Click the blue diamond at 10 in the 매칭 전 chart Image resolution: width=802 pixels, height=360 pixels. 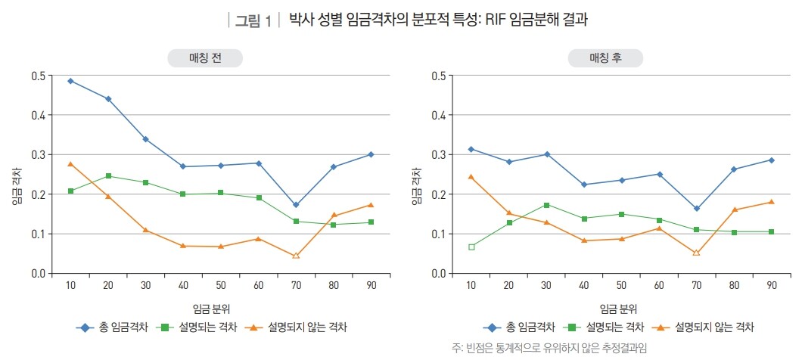point(70,81)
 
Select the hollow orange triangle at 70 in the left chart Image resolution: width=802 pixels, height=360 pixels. point(296,256)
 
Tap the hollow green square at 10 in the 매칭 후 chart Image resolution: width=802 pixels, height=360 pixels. point(471,247)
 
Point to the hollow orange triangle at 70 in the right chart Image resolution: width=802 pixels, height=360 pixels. point(696,252)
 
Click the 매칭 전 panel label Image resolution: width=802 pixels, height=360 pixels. point(205,58)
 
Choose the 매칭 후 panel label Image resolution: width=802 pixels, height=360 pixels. point(605,58)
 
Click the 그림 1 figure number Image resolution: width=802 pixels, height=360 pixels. point(253,20)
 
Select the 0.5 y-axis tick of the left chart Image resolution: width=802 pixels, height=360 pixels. point(38,76)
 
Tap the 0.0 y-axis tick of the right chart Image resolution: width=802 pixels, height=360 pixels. point(438,273)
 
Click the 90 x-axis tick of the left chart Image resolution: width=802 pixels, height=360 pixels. point(371,285)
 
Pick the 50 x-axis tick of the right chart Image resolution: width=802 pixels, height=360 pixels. point(621,285)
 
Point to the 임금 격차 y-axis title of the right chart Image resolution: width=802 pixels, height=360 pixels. point(416,188)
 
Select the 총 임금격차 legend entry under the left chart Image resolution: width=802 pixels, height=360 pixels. point(113,327)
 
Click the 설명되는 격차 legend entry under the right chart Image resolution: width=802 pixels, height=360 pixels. point(606,327)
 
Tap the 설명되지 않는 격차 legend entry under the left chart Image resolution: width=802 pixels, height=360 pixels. point(299,327)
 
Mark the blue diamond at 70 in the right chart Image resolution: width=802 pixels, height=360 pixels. point(696,209)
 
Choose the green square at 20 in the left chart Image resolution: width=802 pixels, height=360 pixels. point(108,176)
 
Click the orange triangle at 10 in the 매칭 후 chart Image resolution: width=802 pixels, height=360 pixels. point(471,177)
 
